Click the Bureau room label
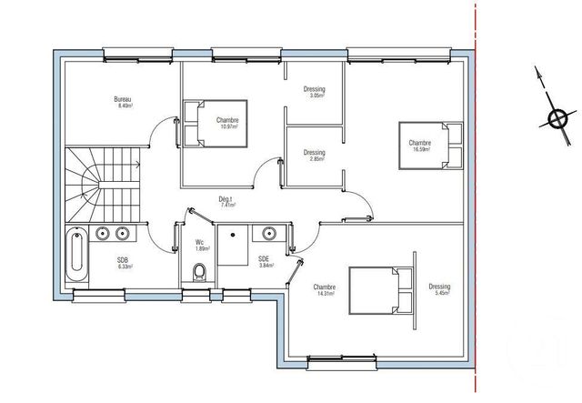point(123,98)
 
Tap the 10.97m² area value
point(227,126)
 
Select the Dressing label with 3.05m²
point(314,88)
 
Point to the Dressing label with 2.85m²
point(314,153)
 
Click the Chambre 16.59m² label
point(419,143)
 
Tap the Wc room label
point(200,242)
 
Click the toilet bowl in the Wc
point(200,270)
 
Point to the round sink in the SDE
point(268,235)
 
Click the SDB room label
point(123,259)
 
